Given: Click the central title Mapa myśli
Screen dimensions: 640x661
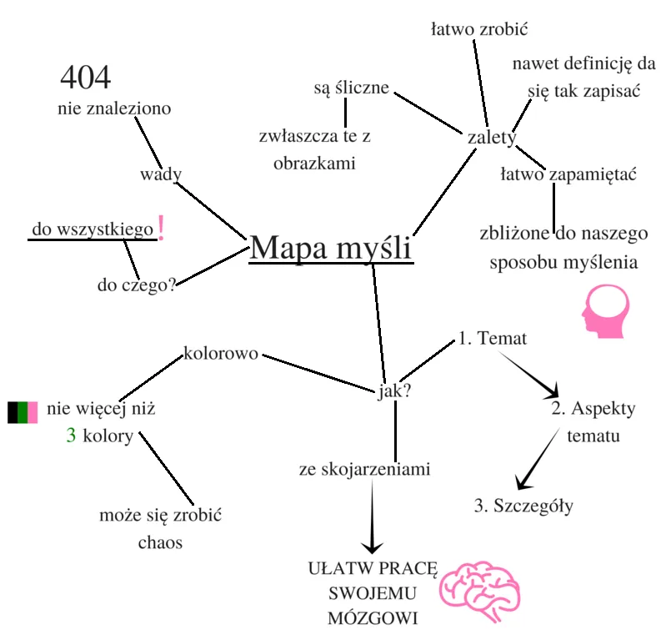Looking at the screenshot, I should pyautogui.click(x=331, y=248).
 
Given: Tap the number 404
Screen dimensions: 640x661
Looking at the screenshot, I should pyautogui.click(x=85, y=78).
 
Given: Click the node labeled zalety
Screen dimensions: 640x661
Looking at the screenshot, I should pyautogui.click(x=493, y=138).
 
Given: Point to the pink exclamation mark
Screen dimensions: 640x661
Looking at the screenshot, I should pyautogui.click(x=161, y=227).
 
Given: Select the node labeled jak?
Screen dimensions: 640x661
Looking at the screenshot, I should pyautogui.click(x=393, y=391).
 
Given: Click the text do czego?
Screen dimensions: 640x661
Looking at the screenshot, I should pyautogui.click(x=136, y=285).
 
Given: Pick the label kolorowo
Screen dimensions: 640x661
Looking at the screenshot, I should pyautogui.click(x=221, y=352).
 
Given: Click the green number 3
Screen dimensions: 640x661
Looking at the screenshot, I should pyautogui.click(x=72, y=436).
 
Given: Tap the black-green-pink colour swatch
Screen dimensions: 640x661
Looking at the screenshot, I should pyautogui.click(x=23, y=412).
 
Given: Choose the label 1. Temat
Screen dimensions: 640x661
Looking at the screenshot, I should pyautogui.click(x=492, y=340).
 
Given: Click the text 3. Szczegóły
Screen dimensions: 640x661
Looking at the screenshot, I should pyautogui.click(x=523, y=506).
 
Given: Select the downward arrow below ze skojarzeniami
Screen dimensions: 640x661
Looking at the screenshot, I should pyautogui.click(x=372, y=517).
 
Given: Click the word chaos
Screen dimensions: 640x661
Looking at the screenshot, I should pyautogui.click(x=160, y=542).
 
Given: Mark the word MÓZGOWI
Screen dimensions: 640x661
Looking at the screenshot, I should pyautogui.click(x=372, y=619).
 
